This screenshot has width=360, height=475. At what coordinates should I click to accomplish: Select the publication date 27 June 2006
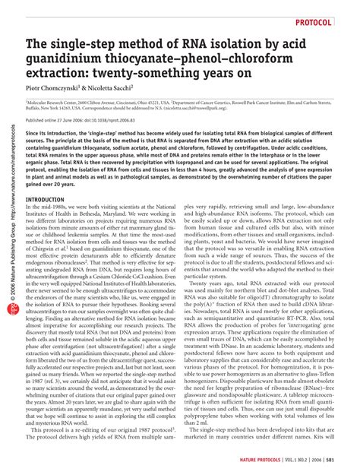69,121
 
